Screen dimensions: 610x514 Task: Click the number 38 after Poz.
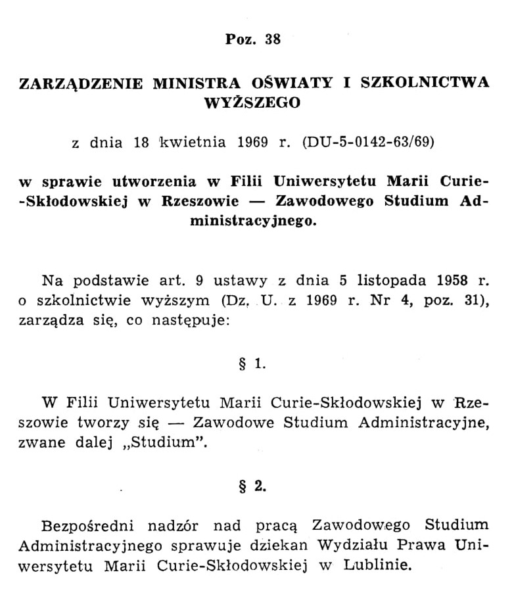pyautogui.click(x=273, y=39)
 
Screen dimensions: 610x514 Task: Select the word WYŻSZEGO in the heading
pyautogui.click(x=252, y=103)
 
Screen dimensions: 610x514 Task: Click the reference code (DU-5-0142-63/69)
pyautogui.click(x=368, y=142)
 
